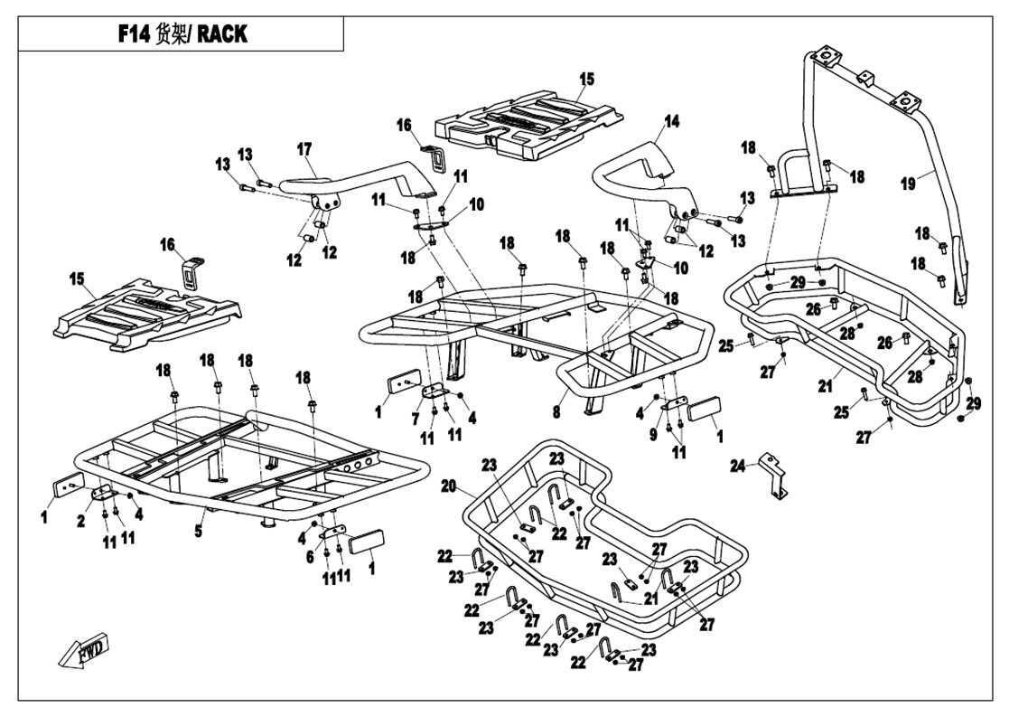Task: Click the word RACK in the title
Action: [221, 34]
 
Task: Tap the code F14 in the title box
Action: [134, 34]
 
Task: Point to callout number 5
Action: [199, 531]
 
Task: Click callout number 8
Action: [556, 411]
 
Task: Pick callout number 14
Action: [671, 121]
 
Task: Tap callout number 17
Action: [304, 149]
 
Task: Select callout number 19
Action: [907, 184]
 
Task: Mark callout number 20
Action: [449, 486]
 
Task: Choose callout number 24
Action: [737, 465]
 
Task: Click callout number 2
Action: [81, 521]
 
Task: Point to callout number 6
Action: [310, 557]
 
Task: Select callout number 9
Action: [653, 435]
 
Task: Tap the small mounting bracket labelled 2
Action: [103, 493]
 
